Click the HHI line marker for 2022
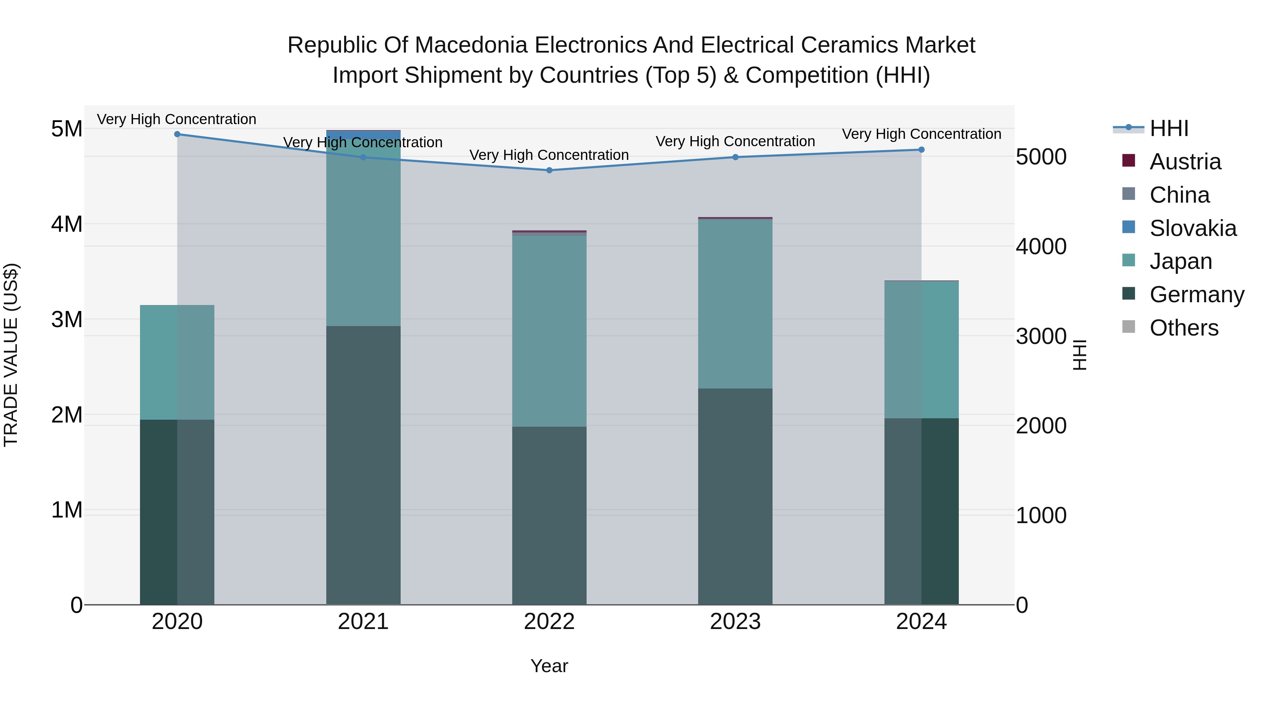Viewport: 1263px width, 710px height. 549,170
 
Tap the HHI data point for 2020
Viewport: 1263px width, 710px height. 178,134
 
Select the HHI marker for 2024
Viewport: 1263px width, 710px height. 921,150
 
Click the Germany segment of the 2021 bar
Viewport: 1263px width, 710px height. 363,466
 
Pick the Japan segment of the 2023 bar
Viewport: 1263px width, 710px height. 735,304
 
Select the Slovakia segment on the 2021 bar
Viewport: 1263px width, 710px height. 363,134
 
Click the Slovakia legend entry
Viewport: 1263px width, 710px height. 1192,228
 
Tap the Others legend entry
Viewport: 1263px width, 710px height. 1184,328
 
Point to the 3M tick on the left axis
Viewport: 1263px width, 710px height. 67,319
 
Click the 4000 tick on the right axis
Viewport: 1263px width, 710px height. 1041,246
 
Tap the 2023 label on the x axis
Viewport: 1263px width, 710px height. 735,622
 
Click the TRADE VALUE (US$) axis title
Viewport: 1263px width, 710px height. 11,355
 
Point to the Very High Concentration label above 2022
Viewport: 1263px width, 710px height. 549,155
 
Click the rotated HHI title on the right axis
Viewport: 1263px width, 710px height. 1080,355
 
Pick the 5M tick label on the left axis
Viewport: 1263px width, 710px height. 67,129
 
